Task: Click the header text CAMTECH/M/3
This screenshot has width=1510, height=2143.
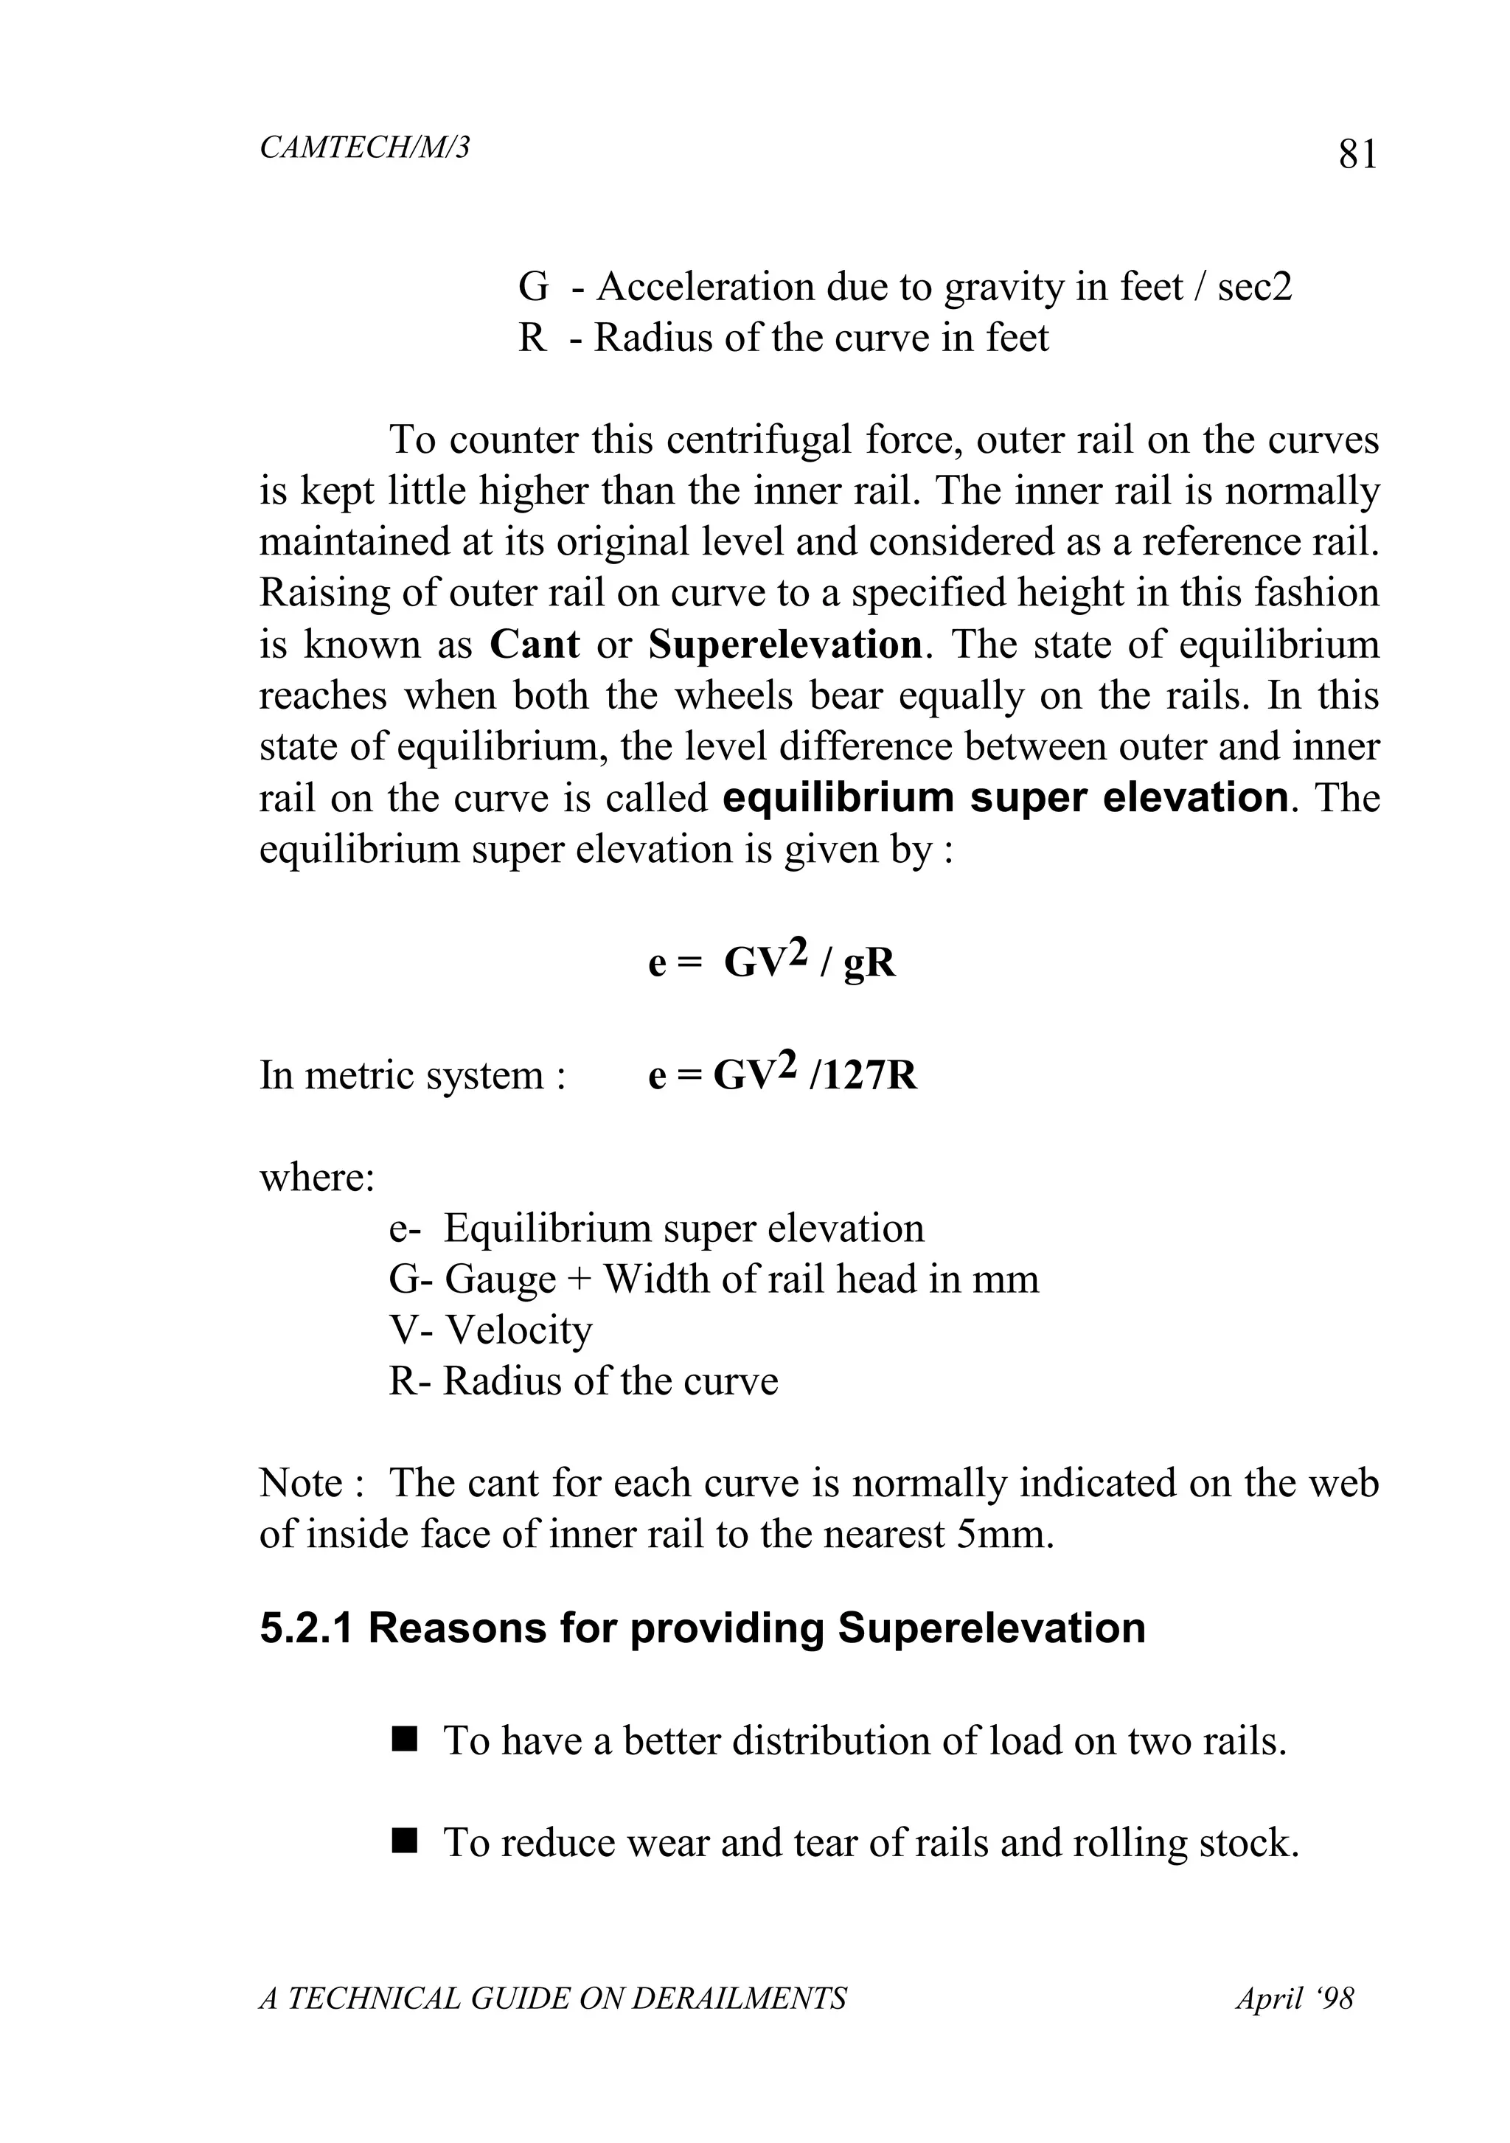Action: tap(364, 147)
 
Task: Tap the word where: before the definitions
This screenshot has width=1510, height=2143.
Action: tap(316, 1177)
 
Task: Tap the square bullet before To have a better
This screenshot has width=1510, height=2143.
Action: tap(403, 1740)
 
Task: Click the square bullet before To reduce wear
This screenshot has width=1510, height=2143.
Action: tap(403, 1841)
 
